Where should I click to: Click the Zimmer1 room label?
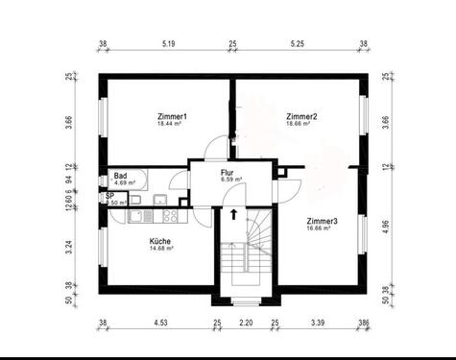[172, 116]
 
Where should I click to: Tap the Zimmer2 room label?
[301, 116]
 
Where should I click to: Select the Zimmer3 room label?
[322, 221]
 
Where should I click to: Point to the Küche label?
[160, 240]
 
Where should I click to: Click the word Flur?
[228, 171]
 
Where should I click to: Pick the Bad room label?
[121, 176]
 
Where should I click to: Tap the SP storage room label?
[109, 194]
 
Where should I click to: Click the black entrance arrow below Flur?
[232, 213]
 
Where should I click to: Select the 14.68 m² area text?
[160, 249]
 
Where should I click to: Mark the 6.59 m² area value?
[230, 179]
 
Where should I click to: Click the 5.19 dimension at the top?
[169, 44]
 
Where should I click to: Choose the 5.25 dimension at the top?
[297, 44]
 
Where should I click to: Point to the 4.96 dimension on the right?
[385, 227]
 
